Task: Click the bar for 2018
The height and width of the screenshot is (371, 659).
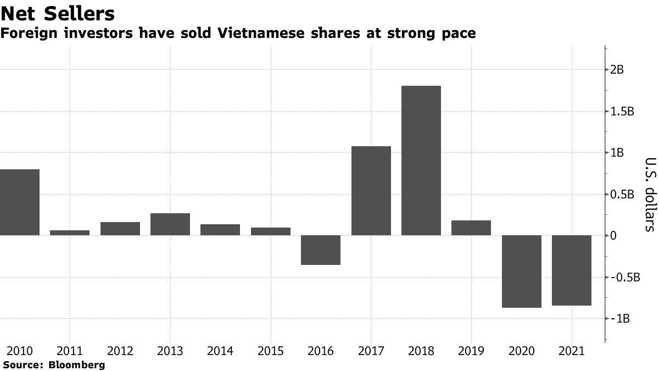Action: (x=421, y=160)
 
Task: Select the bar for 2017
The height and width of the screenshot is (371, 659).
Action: (x=371, y=191)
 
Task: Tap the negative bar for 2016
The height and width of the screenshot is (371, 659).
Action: (x=321, y=250)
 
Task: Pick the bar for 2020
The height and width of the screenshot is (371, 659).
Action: (x=521, y=272)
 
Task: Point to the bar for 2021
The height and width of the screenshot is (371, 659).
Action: (x=571, y=270)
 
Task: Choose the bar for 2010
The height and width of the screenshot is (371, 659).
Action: (x=20, y=202)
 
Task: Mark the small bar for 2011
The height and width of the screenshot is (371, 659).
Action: (x=70, y=232)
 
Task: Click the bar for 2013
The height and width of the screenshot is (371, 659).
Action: (x=170, y=224)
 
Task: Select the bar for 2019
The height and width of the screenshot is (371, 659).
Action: (x=471, y=228)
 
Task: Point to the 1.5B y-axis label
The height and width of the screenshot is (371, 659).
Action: (x=623, y=112)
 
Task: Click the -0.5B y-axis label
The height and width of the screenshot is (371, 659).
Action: (x=625, y=277)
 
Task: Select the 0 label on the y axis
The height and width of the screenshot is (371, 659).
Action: (x=614, y=236)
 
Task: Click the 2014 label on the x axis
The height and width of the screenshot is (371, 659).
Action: (x=220, y=351)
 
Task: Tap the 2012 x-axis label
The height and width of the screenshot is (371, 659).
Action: (x=120, y=351)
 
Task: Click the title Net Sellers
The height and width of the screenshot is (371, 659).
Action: (x=57, y=13)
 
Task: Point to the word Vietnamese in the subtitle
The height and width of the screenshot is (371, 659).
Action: (x=258, y=34)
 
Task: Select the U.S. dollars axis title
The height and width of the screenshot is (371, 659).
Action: (x=650, y=194)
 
